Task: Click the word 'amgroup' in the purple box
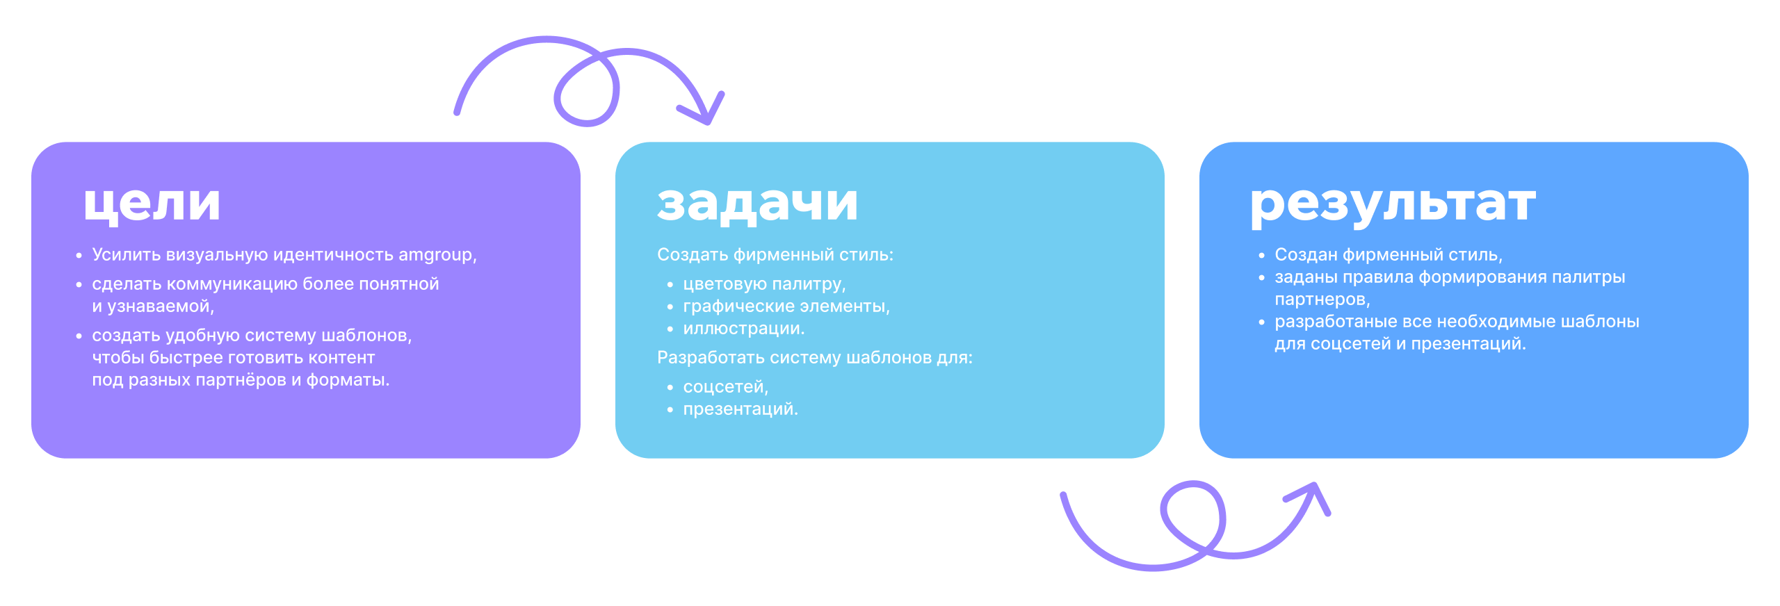click(x=435, y=255)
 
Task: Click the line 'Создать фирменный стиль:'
click(x=775, y=255)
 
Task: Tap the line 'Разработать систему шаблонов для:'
click(x=814, y=358)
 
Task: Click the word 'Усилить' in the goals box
click(x=127, y=255)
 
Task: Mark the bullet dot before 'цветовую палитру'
click(x=670, y=285)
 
